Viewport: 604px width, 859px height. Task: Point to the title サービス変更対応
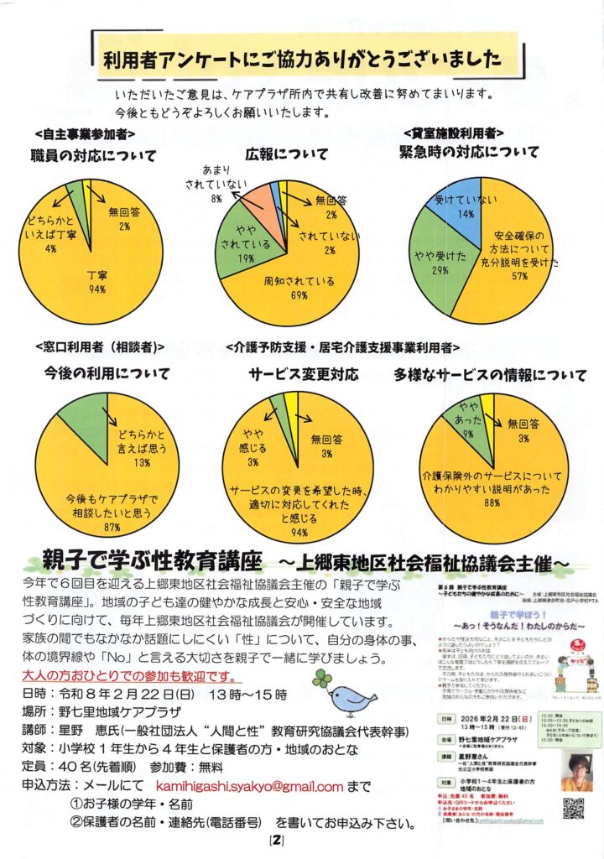pyautogui.click(x=303, y=372)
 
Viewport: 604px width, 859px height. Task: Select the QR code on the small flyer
pyautogui.click(x=572, y=809)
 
